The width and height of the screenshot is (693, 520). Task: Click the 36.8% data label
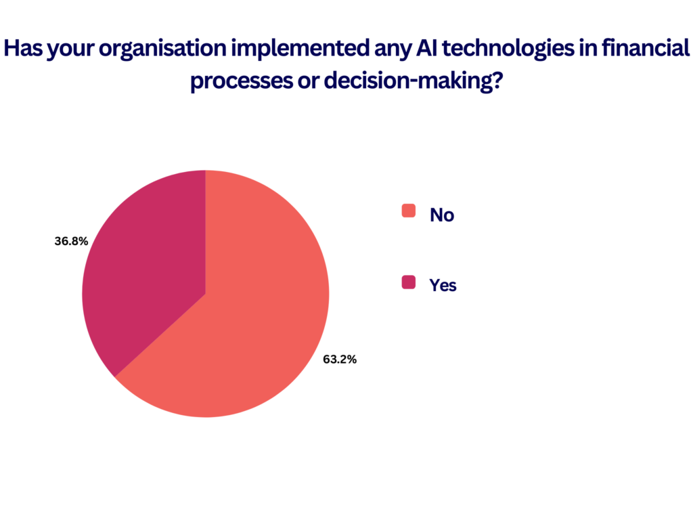[71, 241]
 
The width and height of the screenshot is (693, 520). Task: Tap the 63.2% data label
[340, 360]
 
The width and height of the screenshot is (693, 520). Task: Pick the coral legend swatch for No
[408, 211]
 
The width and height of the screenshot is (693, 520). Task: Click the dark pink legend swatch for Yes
[408, 282]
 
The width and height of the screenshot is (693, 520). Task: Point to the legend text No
[442, 215]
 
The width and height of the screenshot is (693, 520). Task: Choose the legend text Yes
[443, 286]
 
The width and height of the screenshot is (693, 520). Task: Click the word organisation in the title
[162, 49]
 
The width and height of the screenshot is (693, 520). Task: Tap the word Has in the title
[23, 48]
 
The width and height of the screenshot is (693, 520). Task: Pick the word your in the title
[70, 50]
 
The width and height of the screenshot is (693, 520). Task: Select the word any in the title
[393, 50]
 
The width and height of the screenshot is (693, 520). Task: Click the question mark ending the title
[497, 80]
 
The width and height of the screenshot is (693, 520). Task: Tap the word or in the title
[309, 82]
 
